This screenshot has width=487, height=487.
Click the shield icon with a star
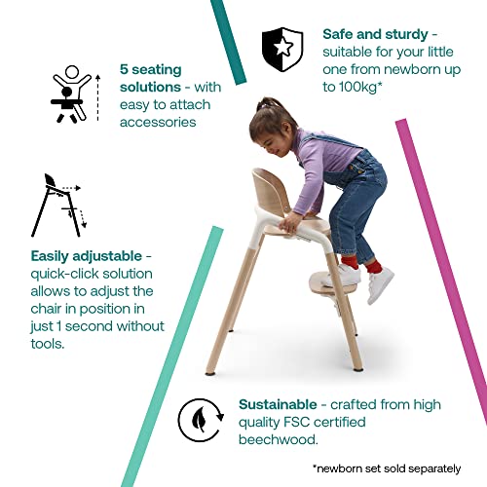pyautogui.click(x=282, y=47)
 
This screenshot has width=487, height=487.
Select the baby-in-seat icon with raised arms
pyautogui.click(x=69, y=94)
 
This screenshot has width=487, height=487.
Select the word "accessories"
pyautogui.click(x=158, y=123)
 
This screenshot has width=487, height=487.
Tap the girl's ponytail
pyautogui.click(x=260, y=103)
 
